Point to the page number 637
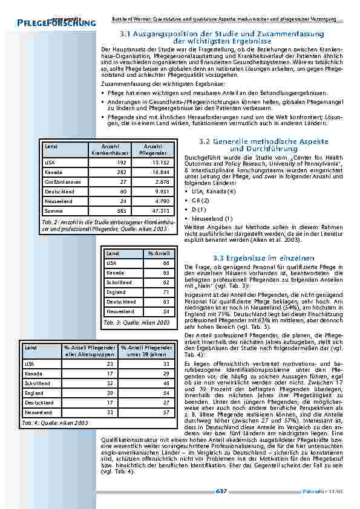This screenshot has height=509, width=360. point(221,491)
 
